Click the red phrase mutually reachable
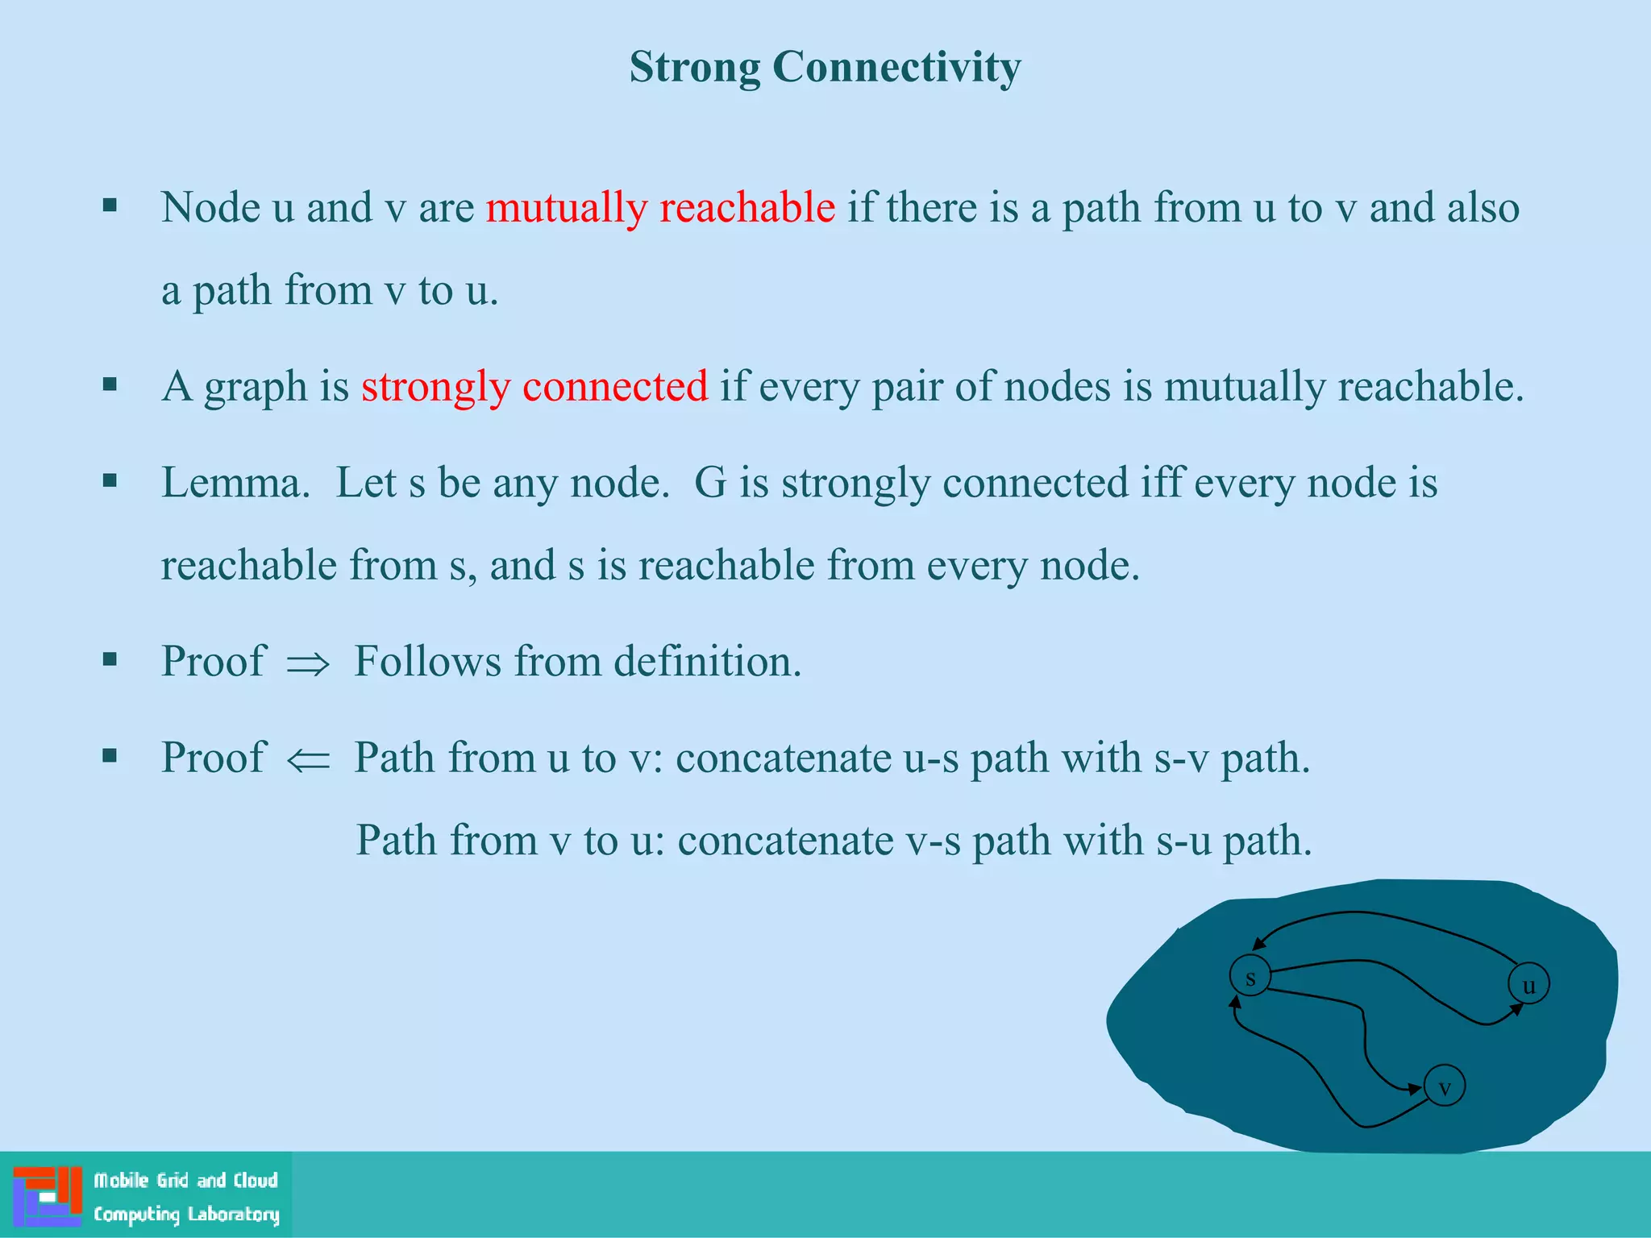coord(659,208)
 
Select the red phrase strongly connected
coord(534,387)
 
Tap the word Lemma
coord(235,484)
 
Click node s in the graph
coord(1250,977)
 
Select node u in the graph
coord(1528,984)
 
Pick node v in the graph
coord(1445,1086)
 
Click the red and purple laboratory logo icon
coord(48,1196)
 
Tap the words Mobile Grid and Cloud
coord(186,1181)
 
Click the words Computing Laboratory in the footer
coord(186,1215)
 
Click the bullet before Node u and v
coord(110,206)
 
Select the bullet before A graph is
coord(110,384)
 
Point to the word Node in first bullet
coord(210,208)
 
